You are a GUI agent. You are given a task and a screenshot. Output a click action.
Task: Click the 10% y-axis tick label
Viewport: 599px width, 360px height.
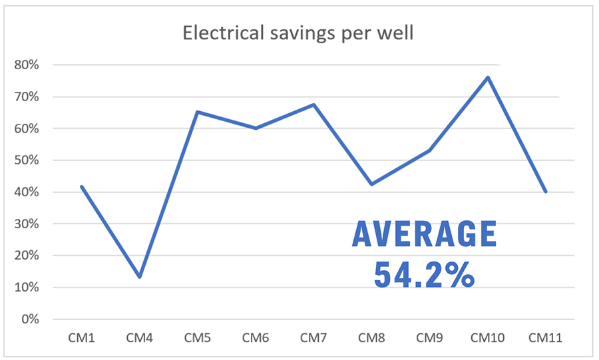(x=30, y=287)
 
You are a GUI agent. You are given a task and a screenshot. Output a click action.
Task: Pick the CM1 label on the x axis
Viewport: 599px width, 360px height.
(x=81, y=339)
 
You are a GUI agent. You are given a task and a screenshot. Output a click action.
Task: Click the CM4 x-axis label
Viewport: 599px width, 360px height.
(x=139, y=339)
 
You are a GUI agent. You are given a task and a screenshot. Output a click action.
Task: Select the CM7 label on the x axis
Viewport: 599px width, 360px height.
(x=313, y=339)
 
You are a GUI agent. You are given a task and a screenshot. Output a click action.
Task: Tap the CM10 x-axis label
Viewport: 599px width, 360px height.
(x=488, y=339)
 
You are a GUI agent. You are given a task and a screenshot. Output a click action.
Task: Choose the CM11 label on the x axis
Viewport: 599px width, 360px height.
(x=546, y=339)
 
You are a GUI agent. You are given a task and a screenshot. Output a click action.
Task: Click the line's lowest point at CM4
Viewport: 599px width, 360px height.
(x=140, y=277)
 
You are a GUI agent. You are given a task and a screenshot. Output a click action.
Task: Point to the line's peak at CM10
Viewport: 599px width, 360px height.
(x=488, y=77)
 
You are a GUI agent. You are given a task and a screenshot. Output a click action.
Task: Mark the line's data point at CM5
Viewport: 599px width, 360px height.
(x=198, y=112)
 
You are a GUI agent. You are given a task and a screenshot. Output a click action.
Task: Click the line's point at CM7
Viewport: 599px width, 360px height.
(x=313, y=104)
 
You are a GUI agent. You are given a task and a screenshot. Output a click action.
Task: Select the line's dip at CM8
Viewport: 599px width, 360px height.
(x=371, y=184)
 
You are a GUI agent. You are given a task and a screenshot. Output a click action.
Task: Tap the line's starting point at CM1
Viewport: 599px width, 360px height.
(x=81, y=186)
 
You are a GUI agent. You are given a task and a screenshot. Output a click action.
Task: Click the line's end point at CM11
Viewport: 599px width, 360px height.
(x=546, y=192)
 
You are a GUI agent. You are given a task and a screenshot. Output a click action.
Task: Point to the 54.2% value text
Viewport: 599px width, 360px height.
(x=424, y=273)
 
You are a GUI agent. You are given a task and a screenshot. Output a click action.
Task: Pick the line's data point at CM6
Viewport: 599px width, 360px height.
(x=256, y=128)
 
